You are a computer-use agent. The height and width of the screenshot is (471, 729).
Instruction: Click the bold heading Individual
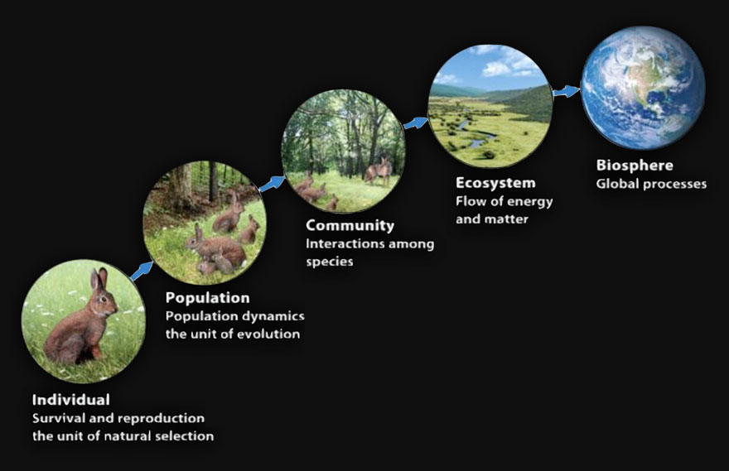tap(70, 400)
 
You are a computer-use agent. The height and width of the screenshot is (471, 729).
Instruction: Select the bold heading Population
tap(207, 298)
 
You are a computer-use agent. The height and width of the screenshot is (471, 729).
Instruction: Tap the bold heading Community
tap(350, 225)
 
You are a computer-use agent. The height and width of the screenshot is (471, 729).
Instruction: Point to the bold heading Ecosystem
tap(495, 182)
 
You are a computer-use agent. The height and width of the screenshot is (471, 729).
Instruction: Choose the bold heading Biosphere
tap(635, 166)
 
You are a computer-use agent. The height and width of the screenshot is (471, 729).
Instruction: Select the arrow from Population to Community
tap(271, 183)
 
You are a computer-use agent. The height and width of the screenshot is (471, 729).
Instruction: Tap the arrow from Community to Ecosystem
tap(415, 123)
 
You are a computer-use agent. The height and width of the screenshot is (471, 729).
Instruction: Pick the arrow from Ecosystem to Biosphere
tap(567, 91)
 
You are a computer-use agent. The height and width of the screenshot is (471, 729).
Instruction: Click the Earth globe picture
tap(643, 87)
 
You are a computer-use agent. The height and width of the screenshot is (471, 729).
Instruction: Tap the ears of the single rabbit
tap(99, 277)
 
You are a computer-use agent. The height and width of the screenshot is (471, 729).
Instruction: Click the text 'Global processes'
tap(651, 184)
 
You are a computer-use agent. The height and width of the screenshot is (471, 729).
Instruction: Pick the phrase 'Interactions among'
tap(369, 244)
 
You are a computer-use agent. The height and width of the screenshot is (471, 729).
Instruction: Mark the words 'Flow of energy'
tap(504, 201)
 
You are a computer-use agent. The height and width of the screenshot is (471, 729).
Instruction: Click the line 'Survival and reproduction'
tap(118, 418)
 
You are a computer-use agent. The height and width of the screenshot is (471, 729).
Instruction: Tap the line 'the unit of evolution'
tap(232, 334)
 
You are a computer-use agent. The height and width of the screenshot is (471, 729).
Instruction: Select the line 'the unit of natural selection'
tap(123, 435)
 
